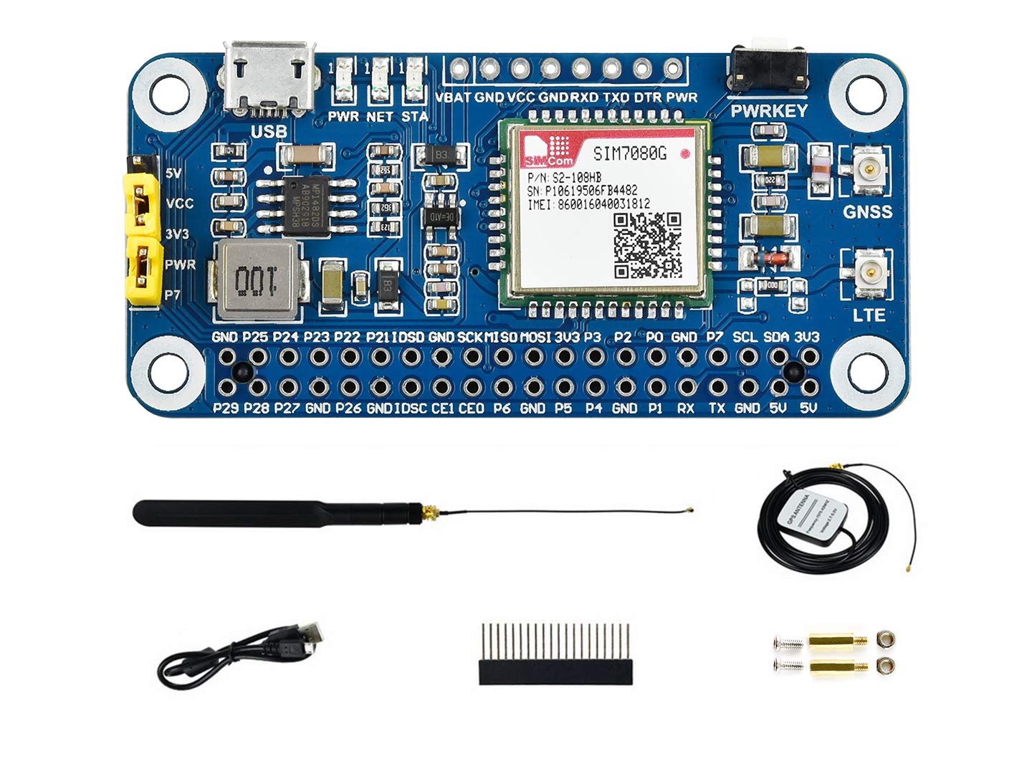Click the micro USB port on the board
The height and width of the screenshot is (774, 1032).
269,77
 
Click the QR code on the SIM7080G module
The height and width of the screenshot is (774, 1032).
647,246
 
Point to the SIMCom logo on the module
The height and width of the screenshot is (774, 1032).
548,153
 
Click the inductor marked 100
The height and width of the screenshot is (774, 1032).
256,279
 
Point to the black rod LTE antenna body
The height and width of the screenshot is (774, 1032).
272,513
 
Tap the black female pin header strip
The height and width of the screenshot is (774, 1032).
555,672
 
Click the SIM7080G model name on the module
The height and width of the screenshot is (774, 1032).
625,153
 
